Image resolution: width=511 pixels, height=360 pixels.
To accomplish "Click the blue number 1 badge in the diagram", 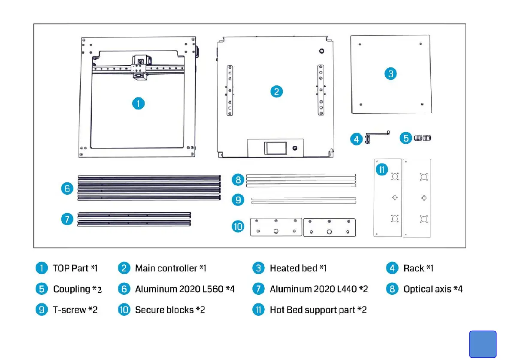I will click(x=138, y=103).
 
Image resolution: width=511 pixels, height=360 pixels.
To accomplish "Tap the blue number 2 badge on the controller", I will click(x=277, y=91).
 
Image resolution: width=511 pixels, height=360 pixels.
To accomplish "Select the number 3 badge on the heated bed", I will click(x=390, y=73).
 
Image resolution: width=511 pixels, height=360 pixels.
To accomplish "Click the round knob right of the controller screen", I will click(x=294, y=148).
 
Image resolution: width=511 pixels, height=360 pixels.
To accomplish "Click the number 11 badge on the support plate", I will click(x=382, y=169).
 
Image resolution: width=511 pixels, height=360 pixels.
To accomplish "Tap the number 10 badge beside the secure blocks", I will click(x=238, y=226).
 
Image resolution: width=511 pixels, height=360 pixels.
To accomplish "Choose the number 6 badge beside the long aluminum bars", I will click(x=67, y=188).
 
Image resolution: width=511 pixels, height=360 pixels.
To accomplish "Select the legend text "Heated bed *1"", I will click(x=298, y=268).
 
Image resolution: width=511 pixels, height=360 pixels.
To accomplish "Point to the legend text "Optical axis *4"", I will click(x=432, y=289).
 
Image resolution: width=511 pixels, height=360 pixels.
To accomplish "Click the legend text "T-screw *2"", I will click(x=75, y=310).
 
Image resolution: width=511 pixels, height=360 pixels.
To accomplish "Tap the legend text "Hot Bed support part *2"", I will click(x=318, y=310).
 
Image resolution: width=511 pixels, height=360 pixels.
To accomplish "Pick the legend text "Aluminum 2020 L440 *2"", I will click(x=318, y=289).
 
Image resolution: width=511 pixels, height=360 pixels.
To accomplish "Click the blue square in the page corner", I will click(x=483, y=344).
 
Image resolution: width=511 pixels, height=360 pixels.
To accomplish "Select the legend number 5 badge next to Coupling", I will click(x=41, y=289).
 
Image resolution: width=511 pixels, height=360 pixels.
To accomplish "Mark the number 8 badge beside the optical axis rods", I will click(x=238, y=180).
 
